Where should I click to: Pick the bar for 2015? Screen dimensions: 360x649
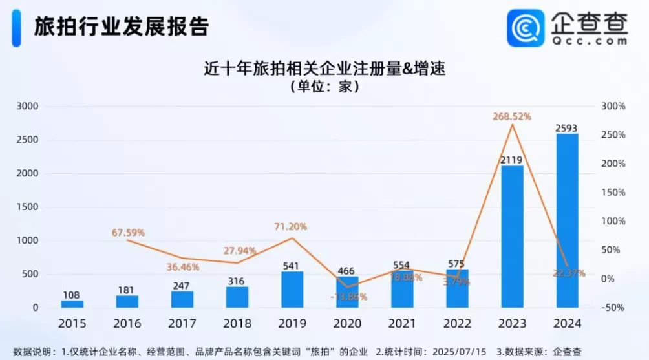click(x=72, y=304)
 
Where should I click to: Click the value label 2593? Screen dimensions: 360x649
click(x=567, y=128)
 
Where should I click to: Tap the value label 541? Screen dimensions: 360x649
click(x=292, y=266)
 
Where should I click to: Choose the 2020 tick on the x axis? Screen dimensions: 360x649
click(x=347, y=323)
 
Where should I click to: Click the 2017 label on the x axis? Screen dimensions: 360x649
click(x=182, y=323)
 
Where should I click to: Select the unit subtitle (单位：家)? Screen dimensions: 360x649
click(x=324, y=86)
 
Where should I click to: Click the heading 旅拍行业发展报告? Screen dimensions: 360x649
click(x=121, y=26)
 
